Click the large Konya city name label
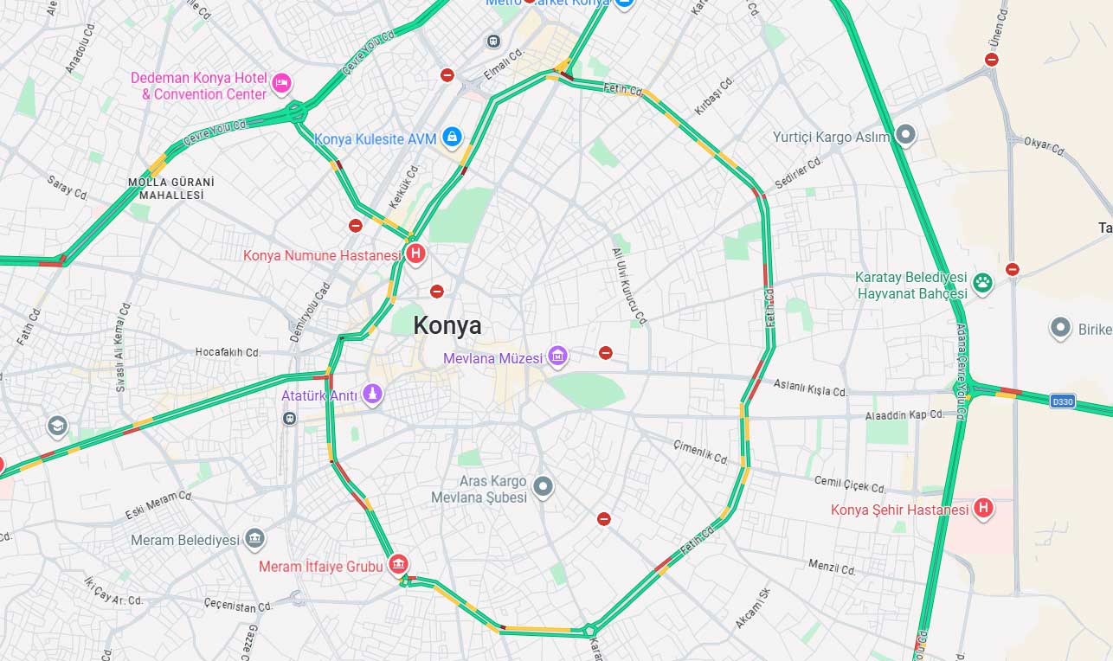(447, 326)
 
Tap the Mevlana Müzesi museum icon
(558, 356)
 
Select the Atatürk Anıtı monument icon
(372, 395)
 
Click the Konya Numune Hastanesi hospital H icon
(416, 254)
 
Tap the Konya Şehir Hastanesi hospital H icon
(983, 509)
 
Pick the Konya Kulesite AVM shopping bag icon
(451, 137)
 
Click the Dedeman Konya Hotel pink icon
(280, 84)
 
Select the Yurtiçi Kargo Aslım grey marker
(905, 135)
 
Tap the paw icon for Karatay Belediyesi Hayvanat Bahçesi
(982, 282)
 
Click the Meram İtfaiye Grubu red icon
(398, 564)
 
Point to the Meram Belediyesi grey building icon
(254, 539)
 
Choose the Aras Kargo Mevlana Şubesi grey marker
(543, 486)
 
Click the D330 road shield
(1062, 401)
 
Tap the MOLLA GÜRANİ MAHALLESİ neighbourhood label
(170, 189)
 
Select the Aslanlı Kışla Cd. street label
(810, 388)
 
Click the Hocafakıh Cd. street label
(228, 353)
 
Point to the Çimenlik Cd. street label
(700, 452)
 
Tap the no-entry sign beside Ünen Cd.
(992, 60)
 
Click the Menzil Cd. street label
(831, 568)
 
